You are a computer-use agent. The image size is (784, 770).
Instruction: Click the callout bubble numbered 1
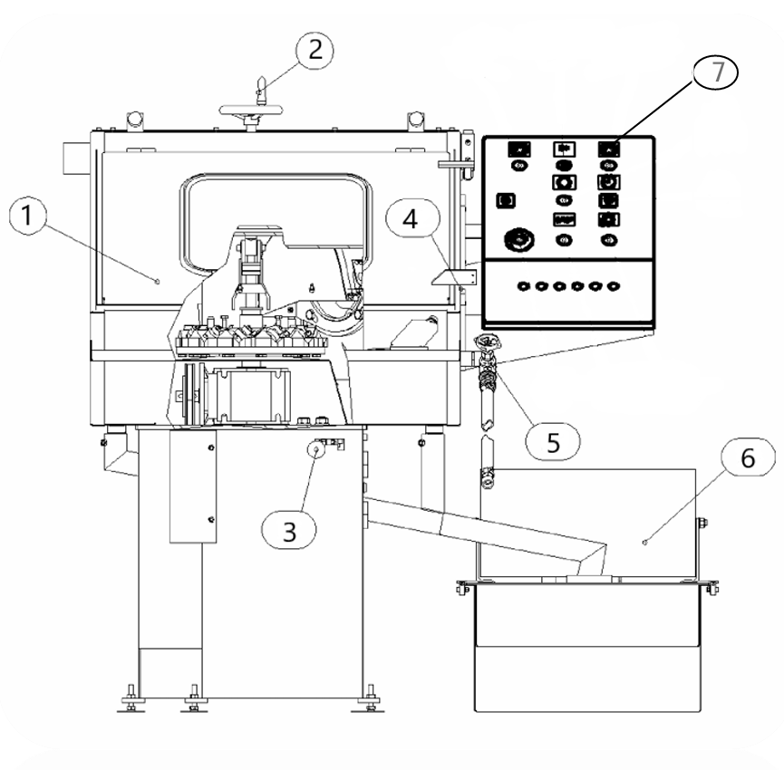pos(27,216)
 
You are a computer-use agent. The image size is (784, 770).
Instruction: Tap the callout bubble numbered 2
pos(315,50)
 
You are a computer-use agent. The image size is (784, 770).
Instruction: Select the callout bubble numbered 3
pos(289,531)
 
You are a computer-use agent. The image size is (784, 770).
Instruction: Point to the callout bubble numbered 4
pos(413,218)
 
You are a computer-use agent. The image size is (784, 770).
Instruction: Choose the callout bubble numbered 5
pos(553,442)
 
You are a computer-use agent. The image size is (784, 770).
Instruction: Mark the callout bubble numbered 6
pos(748,457)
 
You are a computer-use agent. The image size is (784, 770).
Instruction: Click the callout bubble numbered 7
pos(715,72)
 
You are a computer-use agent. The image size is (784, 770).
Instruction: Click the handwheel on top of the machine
pos(251,110)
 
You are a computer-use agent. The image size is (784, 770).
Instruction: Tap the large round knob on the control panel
pos(519,240)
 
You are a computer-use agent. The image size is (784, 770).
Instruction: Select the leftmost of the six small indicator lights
pos(524,286)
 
